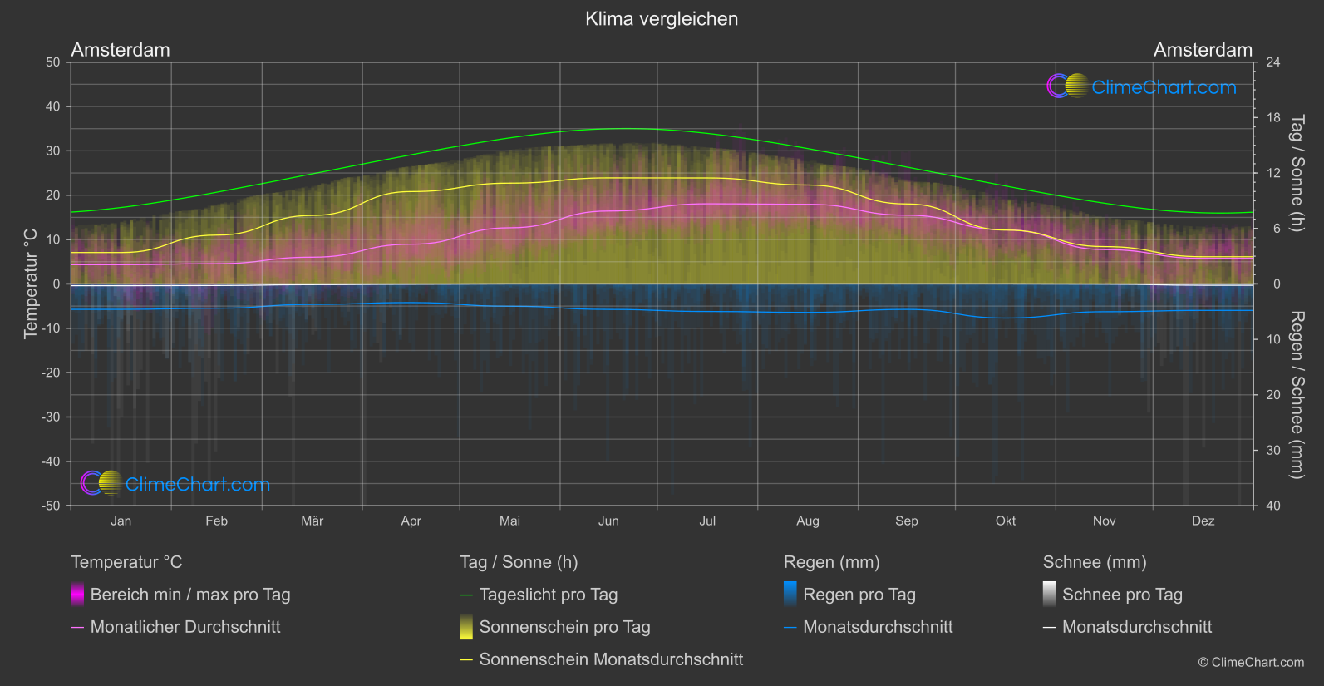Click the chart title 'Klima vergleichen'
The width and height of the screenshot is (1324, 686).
[662, 19]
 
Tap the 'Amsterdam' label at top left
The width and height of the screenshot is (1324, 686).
[121, 50]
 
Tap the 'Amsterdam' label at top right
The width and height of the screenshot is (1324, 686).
[1203, 50]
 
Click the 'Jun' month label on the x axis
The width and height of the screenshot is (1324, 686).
[608, 521]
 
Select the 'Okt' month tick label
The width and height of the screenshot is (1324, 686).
[1006, 521]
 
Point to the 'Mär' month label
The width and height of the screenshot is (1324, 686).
[312, 521]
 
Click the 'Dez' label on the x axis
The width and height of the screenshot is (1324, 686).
[1203, 521]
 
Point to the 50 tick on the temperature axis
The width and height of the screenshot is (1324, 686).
[53, 62]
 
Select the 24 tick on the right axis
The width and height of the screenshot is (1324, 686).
[1272, 62]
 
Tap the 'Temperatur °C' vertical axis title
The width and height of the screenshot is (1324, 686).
[31, 284]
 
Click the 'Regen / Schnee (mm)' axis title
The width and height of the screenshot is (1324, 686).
[1297, 395]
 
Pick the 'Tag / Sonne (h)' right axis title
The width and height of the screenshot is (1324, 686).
[1297, 173]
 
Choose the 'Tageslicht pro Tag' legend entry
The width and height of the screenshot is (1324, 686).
[548, 595]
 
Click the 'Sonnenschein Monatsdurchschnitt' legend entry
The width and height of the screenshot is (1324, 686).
[611, 659]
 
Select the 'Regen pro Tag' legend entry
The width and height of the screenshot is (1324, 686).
[859, 595]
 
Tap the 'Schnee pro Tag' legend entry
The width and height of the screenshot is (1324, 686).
[1122, 595]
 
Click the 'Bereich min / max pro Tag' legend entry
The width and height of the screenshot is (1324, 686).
[189, 595]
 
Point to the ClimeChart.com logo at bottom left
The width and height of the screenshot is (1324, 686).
[175, 484]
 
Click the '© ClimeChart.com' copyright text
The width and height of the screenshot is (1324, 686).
[1251, 663]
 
